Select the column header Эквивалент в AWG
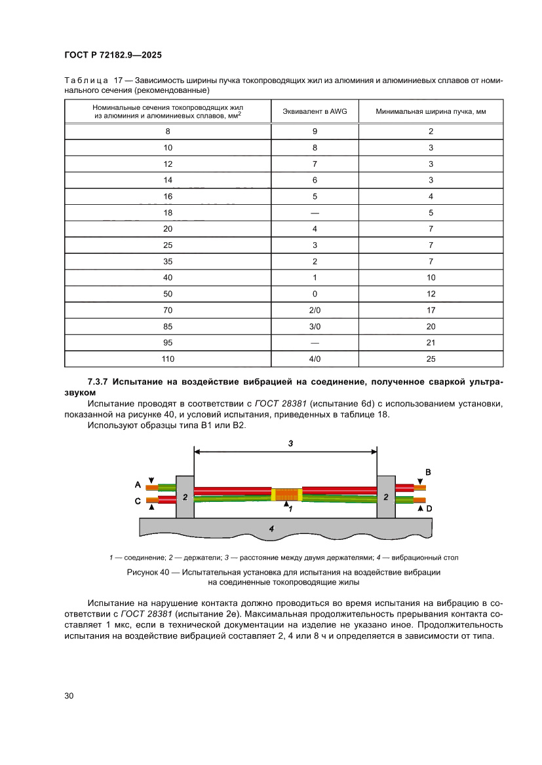315,112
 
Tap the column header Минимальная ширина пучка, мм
431,112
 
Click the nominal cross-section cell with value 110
168,359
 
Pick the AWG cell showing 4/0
315,359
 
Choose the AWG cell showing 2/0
315,310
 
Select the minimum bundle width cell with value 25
431,359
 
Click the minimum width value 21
431,342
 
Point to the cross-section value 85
168,327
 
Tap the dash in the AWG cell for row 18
315,213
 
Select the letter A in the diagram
138,485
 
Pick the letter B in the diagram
428,472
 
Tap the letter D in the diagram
428,508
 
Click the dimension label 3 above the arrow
291,443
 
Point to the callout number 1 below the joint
290,508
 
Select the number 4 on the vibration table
271,528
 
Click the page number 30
69,696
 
